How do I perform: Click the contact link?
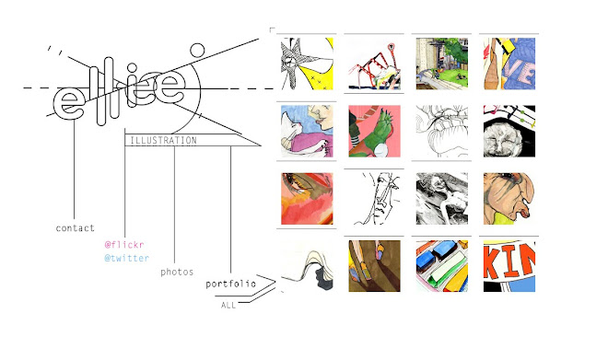click(76, 228)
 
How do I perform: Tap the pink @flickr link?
click(124, 245)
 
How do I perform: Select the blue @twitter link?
click(127, 258)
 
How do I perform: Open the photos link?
click(177, 272)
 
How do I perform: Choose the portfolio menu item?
click(230, 285)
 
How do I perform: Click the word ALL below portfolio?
click(228, 306)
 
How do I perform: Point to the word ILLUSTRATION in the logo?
click(163, 140)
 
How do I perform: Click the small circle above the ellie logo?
click(197, 51)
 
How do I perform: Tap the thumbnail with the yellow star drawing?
click(307, 64)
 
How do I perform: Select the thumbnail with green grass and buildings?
click(442, 64)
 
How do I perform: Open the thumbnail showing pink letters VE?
click(509, 64)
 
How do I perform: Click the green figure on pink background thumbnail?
click(375, 131)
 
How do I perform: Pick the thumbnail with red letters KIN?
click(509, 266)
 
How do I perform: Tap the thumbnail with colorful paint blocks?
click(442, 266)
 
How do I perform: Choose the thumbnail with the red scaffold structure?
click(375, 64)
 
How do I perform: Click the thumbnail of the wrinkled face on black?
click(509, 131)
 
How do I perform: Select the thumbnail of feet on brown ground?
click(375, 266)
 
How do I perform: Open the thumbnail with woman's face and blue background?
click(307, 131)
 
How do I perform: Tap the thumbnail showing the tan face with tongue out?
click(509, 198)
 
